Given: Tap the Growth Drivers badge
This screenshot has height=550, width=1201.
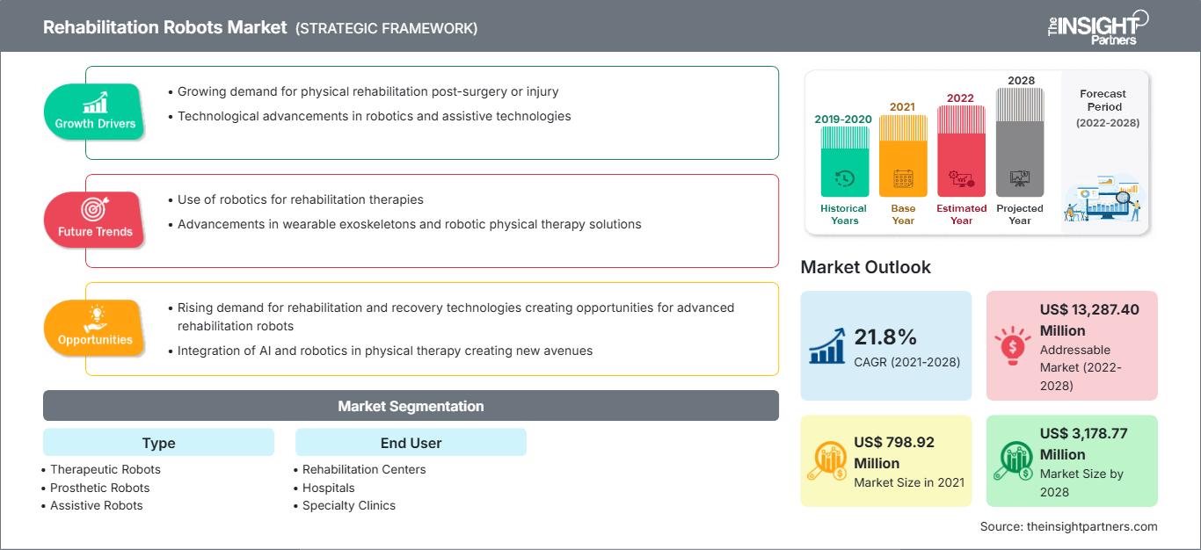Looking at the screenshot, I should pyautogui.click(x=95, y=112).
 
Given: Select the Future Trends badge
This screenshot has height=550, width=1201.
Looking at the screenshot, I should pyautogui.click(x=93, y=220).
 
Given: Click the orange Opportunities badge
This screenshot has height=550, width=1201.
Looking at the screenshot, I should pyautogui.click(x=95, y=328).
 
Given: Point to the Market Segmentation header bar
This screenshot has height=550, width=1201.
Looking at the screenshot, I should pyautogui.click(x=411, y=406).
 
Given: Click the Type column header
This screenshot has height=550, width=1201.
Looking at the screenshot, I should pyautogui.click(x=158, y=443).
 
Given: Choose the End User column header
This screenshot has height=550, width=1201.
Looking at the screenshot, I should pyautogui.click(x=411, y=443).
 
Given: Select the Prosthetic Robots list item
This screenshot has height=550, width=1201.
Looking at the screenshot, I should pyautogui.click(x=99, y=488).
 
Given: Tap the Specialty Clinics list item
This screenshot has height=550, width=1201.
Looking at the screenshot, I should pyautogui.click(x=349, y=505).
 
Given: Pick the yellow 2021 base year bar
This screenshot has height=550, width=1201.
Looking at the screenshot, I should pyautogui.click(x=903, y=156).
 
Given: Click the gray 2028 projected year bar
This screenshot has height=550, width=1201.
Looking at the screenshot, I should pyautogui.click(x=1020, y=141).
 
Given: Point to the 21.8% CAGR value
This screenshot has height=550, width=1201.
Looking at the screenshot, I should pyautogui.click(x=885, y=337).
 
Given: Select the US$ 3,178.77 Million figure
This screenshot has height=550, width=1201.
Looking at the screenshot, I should pyautogui.click(x=1083, y=444).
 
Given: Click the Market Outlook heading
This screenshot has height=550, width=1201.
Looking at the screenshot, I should pyautogui.click(x=865, y=267).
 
